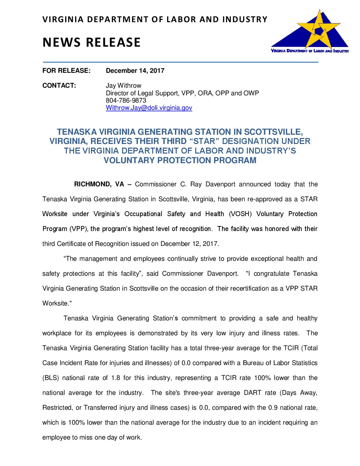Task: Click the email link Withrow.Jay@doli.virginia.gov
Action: tap(149, 108)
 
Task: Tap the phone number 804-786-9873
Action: tap(126, 100)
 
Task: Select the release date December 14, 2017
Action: tap(135, 70)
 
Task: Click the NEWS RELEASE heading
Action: tap(92, 42)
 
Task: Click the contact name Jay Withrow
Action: tap(123, 85)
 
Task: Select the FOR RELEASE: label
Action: tap(66, 70)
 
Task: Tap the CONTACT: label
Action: tap(59, 85)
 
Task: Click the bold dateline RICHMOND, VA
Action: tap(99, 184)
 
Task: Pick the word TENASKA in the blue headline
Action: tap(77, 132)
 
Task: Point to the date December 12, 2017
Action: tap(189, 244)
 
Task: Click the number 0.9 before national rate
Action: tap(273, 407)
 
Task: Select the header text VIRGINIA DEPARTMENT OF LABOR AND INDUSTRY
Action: tap(155, 20)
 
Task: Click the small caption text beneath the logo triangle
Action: tap(310, 51)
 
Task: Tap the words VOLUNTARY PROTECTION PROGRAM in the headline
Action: tap(180, 161)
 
